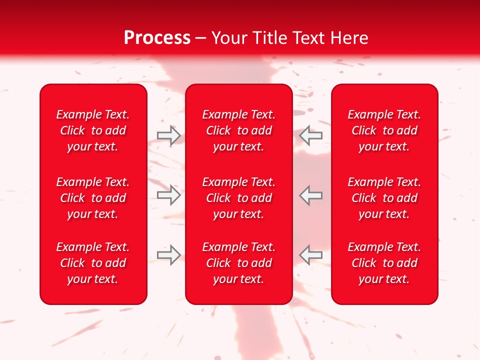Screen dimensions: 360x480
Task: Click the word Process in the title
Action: coord(157,38)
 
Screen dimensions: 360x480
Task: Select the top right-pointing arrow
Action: coord(168,135)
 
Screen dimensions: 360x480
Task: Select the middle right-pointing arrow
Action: coord(168,195)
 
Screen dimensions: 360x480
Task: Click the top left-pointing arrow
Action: coord(311,135)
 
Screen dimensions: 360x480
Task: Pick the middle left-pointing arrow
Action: coord(311,195)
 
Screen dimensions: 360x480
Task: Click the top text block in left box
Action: coord(93,130)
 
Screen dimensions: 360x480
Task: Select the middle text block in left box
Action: coord(93,198)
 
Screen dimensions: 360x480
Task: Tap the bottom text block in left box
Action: coord(93,263)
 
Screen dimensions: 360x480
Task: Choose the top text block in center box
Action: coord(239,130)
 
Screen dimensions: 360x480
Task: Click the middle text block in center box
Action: coord(239,198)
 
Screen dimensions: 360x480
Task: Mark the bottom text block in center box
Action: coord(239,263)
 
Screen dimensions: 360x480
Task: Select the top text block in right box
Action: coord(384,130)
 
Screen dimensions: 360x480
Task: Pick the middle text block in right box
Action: coord(384,198)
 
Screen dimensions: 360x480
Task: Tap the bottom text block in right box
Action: coord(384,263)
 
